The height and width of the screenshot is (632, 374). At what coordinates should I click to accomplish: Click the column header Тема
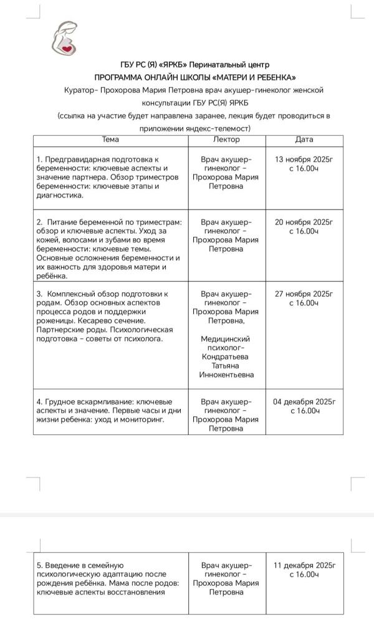110,140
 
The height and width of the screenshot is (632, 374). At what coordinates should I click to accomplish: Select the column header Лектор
226,140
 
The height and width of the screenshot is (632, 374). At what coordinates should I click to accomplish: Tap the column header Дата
304,140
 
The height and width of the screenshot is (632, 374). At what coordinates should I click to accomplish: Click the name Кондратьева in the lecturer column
226,357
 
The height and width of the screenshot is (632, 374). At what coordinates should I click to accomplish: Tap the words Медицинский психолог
226,343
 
